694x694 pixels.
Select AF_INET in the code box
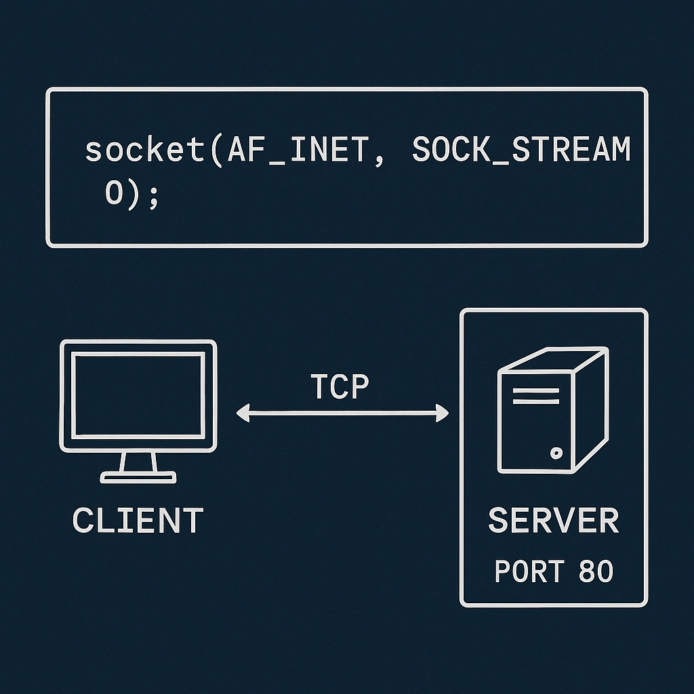click(x=298, y=150)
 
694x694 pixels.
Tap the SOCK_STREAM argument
click(x=520, y=150)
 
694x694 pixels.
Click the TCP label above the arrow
click(x=340, y=387)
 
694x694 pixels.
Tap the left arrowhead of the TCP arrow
click(x=242, y=412)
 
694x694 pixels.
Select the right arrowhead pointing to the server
click(x=443, y=412)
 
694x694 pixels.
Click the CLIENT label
click(x=138, y=520)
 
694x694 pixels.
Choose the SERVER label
click(x=553, y=520)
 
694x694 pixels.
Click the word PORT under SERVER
click(x=529, y=572)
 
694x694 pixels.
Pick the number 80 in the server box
click(x=596, y=572)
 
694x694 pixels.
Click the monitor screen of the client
click(x=138, y=394)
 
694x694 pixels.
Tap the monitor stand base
click(x=138, y=477)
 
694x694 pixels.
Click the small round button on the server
click(x=556, y=453)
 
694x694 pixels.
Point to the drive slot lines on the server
click(x=535, y=396)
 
